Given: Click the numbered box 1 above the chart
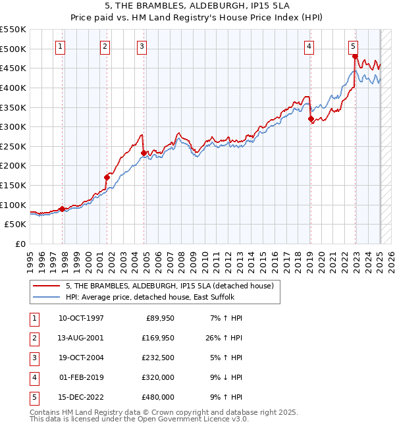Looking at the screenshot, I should tap(61, 46).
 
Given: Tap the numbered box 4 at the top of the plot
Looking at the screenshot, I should tap(309, 46).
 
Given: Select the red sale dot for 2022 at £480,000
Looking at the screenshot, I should tap(355, 57).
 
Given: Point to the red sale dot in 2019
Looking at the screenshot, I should tap(311, 119).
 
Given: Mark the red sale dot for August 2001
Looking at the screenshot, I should tap(106, 177).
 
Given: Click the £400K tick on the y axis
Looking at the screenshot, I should tap(14, 88).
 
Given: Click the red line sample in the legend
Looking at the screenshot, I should tap(47, 286).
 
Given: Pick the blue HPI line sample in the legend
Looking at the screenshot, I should tap(47, 297).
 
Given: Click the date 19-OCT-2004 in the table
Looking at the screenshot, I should tap(81, 358).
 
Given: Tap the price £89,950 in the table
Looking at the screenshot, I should tap(159, 318).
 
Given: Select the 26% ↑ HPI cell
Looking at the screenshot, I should tap(223, 338).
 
